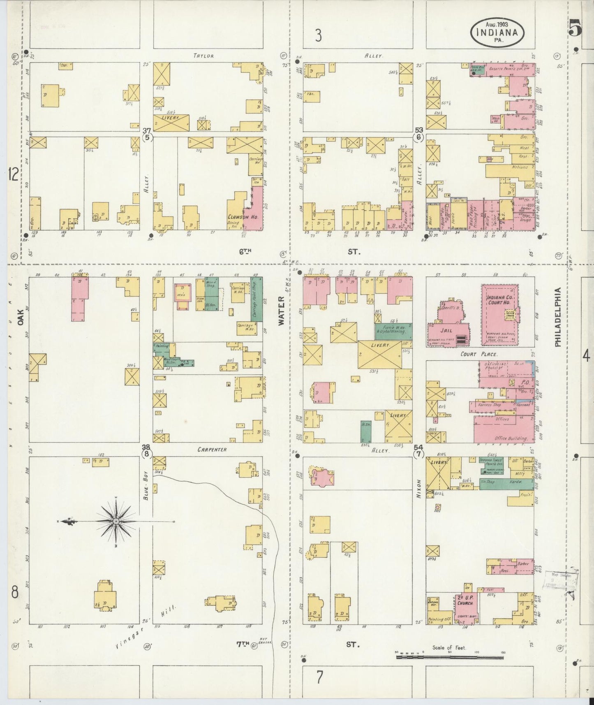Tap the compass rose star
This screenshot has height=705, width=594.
[116, 521]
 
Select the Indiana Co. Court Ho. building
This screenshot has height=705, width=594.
[499, 315]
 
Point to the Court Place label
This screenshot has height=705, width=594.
[479, 354]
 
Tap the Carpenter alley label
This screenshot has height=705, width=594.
[212, 450]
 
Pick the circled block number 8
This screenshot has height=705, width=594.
[147, 454]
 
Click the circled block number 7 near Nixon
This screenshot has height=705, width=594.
[418, 454]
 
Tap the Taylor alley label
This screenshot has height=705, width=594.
[203, 56]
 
